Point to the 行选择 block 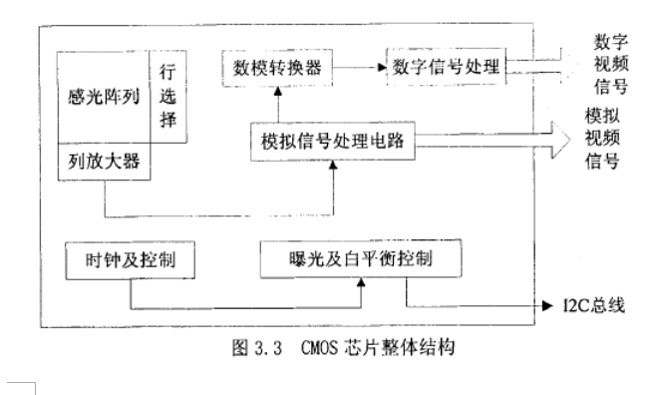tap(166, 98)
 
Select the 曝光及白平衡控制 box tap(361, 259)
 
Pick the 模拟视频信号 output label tap(602, 139)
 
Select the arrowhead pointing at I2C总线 tap(547, 303)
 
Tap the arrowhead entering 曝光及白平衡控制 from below tap(362, 285)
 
